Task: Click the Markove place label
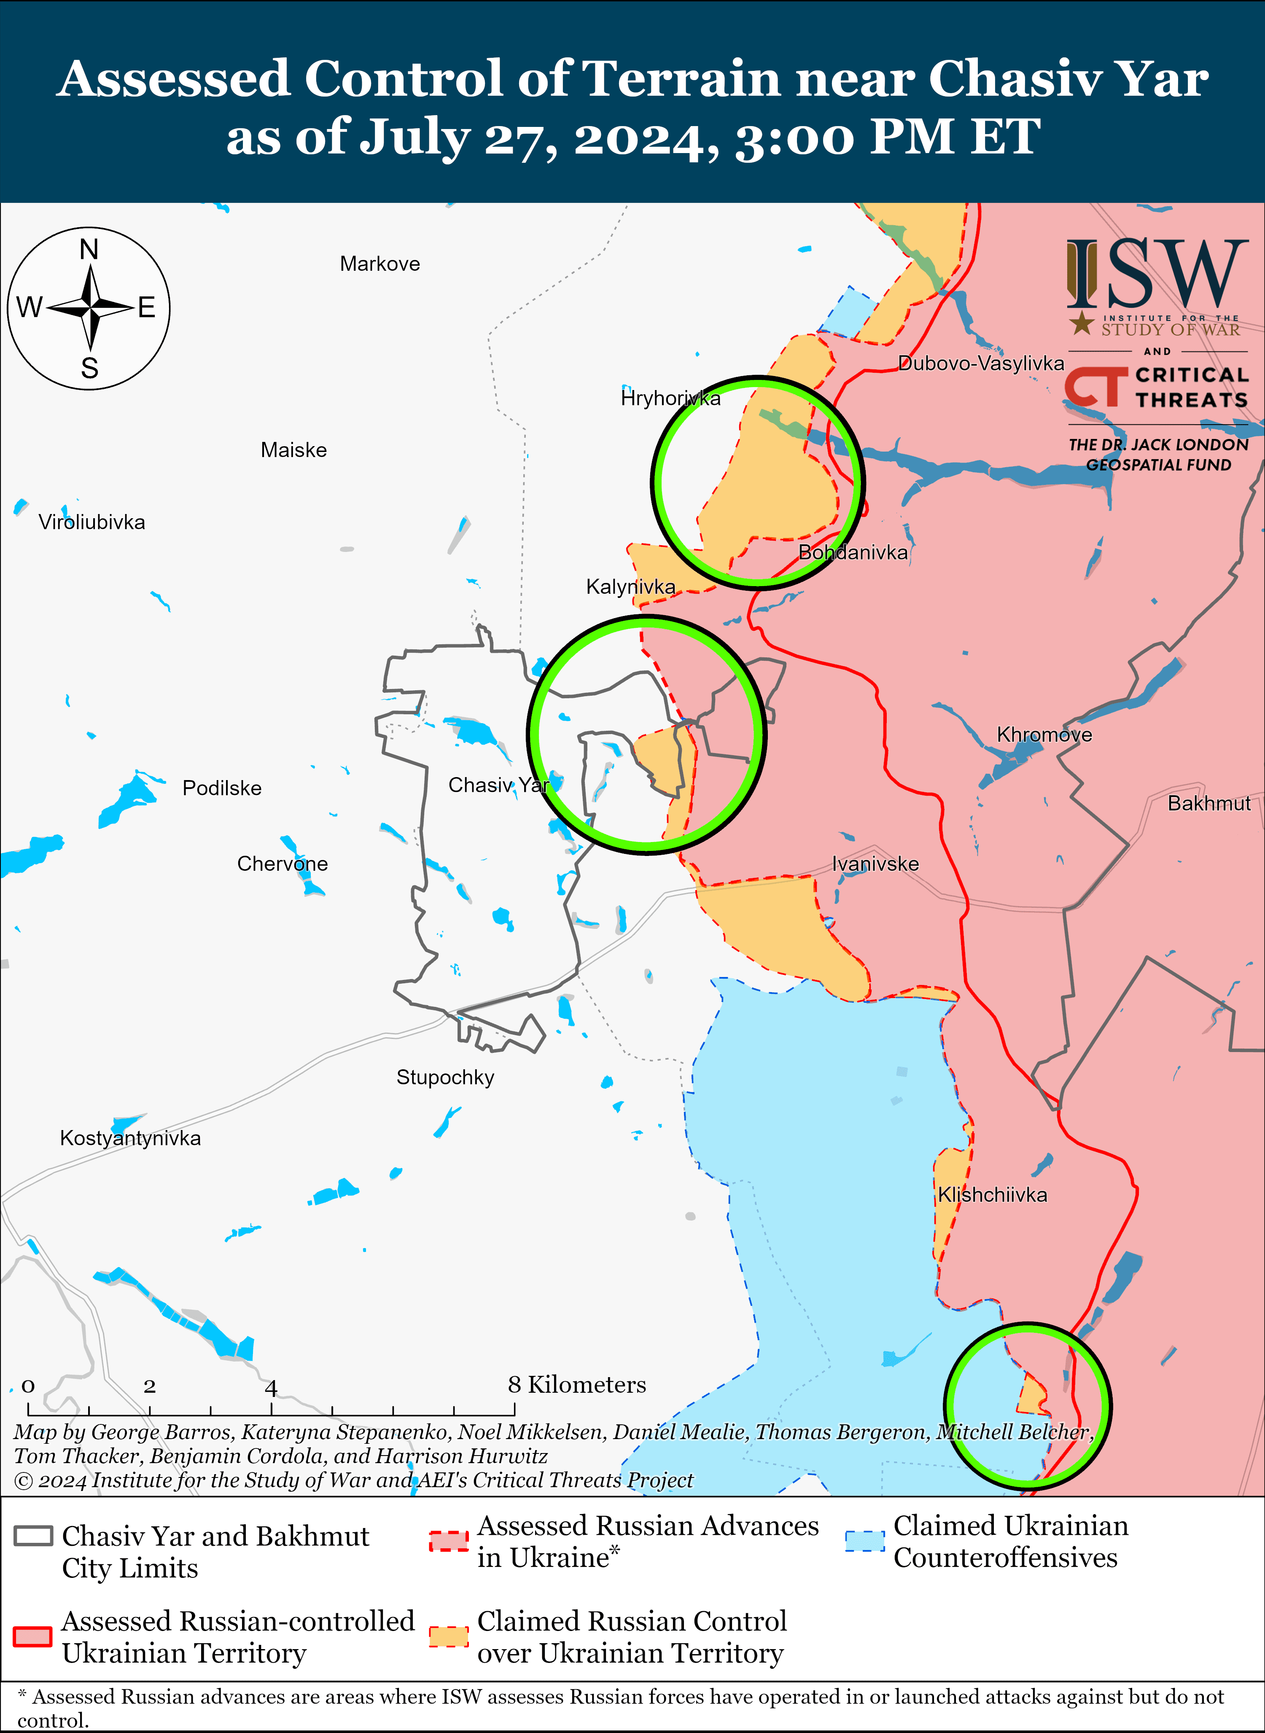[x=380, y=264]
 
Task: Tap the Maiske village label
[x=293, y=450]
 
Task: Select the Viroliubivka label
[x=92, y=522]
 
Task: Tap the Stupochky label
[x=445, y=1077]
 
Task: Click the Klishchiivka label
[x=993, y=1195]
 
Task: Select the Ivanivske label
[x=875, y=864]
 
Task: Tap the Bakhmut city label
[x=1208, y=803]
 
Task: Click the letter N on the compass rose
[x=89, y=250]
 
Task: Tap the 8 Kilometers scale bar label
[x=576, y=1385]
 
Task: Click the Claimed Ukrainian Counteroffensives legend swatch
[x=864, y=1541]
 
